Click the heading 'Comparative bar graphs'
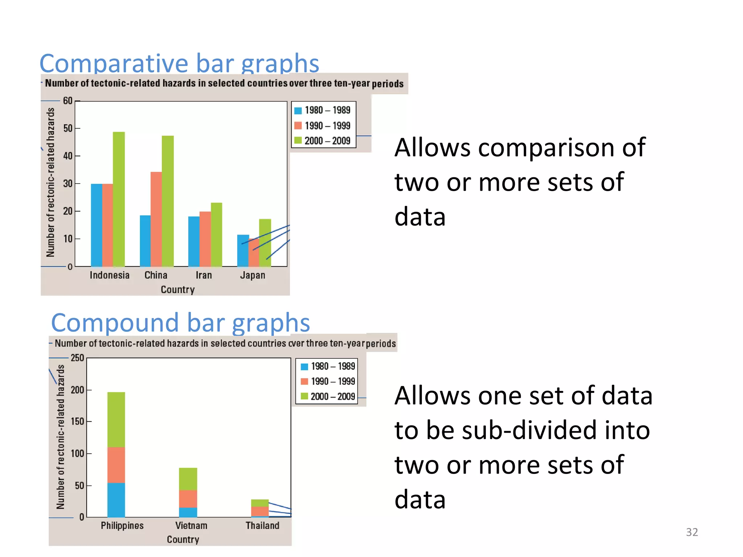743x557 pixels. pos(179,63)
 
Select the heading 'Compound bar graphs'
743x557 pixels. pos(180,322)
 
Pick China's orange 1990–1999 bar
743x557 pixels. pos(156,219)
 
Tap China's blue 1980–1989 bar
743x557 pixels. pos(145,241)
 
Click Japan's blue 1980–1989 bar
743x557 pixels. pos(243,250)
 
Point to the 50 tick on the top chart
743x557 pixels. pos(68,128)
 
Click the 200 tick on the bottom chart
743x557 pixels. pos(77,390)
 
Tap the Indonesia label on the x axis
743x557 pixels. pos(110,275)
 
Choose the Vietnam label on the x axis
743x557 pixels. pos(191,525)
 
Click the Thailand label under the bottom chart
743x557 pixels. pos(262,525)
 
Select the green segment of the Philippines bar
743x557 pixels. pos(116,419)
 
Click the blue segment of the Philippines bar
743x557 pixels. pos(116,500)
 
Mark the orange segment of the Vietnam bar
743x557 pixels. pos(188,499)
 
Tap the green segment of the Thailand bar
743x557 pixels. pos(260,503)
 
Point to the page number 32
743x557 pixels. pos(692,532)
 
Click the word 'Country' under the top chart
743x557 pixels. pos(178,289)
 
